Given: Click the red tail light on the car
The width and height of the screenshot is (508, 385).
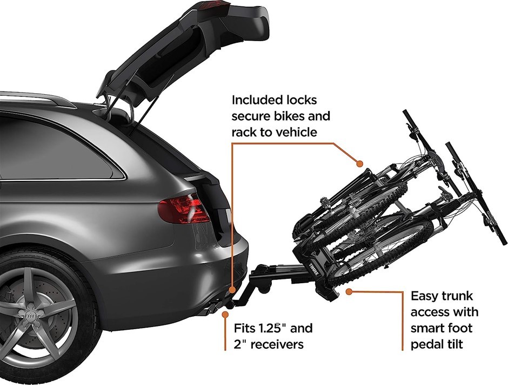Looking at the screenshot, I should [x=182, y=210].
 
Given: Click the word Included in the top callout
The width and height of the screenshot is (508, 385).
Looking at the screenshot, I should [x=256, y=100].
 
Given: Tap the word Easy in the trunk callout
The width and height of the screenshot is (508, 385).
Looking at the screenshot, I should [x=425, y=297].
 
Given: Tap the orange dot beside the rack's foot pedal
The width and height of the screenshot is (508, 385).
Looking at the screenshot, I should [x=350, y=291].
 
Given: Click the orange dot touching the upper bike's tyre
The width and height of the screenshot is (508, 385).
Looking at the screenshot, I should [x=358, y=162].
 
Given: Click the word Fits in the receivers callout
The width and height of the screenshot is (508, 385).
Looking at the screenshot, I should [x=246, y=329].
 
